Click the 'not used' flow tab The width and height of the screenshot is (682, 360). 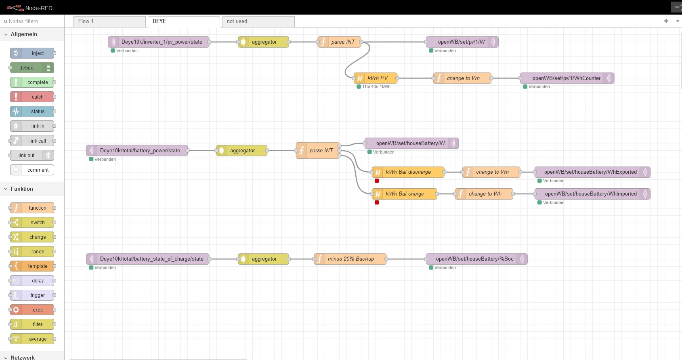coord(258,21)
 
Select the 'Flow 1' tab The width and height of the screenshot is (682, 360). coord(109,21)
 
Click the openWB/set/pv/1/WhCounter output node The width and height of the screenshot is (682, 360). coord(567,78)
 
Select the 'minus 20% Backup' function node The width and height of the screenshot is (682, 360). coord(350,259)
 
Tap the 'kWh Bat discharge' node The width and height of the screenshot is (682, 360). coord(408,172)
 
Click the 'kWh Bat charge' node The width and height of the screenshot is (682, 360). coord(404,194)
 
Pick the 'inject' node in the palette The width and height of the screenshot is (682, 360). coord(32,53)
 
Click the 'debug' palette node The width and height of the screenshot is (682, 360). coord(32,68)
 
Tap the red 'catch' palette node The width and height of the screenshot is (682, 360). coord(32,97)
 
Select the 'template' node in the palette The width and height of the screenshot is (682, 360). coord(32,266)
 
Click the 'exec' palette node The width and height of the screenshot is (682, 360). coord(32,310)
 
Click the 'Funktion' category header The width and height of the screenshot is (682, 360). coord(22,189)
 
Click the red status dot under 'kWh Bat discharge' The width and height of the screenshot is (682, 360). coord(377,181)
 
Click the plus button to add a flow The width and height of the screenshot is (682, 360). coord(666,21)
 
